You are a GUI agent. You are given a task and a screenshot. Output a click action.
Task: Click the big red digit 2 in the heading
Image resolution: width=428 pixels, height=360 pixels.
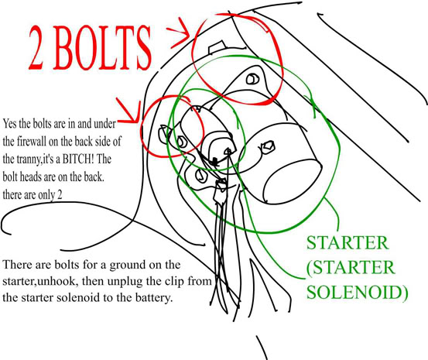tap(36, 48)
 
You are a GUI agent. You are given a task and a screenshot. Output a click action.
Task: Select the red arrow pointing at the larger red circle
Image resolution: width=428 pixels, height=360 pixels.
tap(178, 33)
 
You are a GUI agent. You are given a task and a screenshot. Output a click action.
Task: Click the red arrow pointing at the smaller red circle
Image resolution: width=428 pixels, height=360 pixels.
tap(128, 111)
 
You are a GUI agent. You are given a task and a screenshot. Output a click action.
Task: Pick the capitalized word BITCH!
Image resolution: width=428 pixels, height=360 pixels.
tap(78, 159)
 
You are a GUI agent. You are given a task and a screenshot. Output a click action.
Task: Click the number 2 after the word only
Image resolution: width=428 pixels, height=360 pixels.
tap(60, 195)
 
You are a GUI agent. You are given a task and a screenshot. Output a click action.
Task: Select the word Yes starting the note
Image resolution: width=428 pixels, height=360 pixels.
tap(10, 124)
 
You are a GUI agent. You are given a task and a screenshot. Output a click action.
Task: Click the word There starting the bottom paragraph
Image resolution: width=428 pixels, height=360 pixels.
tap(17, 265)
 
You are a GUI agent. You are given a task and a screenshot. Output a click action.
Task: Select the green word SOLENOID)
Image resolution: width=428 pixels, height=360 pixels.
tap(357, 293)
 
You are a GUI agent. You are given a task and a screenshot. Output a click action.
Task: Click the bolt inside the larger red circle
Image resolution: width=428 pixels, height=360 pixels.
tap(252, 79)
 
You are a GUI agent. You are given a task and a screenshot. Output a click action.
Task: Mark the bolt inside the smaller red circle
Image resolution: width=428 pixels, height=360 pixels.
tap(181, 142)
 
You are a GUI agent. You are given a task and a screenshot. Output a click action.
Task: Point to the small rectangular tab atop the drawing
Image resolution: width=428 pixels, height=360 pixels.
tap(217, 47)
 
